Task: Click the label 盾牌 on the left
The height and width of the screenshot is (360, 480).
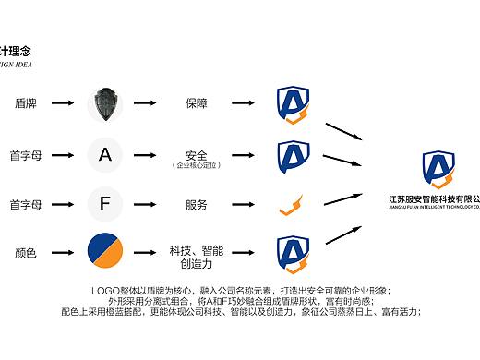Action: (x=25, y=103)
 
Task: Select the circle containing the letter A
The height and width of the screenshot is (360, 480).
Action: (x=105, y=154)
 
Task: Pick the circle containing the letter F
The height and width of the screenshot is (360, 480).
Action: (x=105, y=204)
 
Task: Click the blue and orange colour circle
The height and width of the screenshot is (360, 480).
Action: (x=105, y=252)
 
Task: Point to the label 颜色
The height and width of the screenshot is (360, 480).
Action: (x=25, y=253)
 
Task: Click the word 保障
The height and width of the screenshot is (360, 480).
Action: (x=196, y=103)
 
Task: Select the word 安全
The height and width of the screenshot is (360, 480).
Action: (x=196, y=152)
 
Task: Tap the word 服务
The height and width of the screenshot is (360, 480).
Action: (x=196, y=204)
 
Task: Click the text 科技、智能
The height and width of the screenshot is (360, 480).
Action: (x=196, y=249)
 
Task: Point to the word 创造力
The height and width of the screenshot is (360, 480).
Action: (x=196, y=264)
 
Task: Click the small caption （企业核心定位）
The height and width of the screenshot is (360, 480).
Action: (x=196, y=164)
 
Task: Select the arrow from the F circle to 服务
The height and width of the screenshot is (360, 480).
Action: (x=148, y=204)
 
